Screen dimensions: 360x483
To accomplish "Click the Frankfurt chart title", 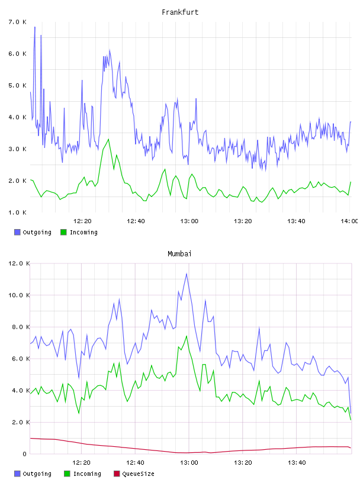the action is point(180,12).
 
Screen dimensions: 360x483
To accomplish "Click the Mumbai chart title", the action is point(179,254).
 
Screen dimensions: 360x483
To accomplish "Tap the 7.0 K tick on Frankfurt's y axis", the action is point(17,22).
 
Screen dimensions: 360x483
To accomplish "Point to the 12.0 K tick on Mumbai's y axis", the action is point(19,263).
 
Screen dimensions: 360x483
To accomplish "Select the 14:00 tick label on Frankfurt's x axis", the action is point(349,221).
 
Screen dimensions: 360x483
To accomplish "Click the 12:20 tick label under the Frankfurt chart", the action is point(82,221).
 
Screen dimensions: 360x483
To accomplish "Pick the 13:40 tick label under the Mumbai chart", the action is point(297,462).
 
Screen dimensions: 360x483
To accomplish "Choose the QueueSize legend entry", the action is point(134,474).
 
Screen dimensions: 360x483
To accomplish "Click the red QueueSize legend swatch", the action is point(117,474).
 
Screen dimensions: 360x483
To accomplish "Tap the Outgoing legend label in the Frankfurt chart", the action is point(37,232).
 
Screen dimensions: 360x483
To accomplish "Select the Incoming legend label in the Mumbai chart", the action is point(87,474).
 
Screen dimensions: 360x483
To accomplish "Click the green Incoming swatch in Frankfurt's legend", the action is point(63,232).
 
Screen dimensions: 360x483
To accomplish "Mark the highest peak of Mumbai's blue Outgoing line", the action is point(187,273).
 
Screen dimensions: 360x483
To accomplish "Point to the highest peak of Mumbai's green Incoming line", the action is point(187,336).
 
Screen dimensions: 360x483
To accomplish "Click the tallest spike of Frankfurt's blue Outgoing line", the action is point(35,27).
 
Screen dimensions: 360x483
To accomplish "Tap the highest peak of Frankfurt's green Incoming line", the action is point(108,139).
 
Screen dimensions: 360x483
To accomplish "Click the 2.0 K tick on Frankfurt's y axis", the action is point(17,181).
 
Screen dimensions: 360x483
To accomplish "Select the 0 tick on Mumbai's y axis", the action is point(24,454).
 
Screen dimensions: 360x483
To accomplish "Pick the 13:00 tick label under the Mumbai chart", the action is point(189,462).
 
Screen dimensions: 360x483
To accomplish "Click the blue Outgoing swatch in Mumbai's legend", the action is point(17,474).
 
